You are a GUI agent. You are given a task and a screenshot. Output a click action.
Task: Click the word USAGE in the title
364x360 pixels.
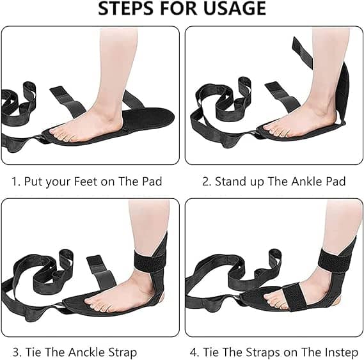click(235, 8)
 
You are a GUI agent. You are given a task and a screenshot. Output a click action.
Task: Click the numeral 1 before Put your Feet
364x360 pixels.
click(15, 181)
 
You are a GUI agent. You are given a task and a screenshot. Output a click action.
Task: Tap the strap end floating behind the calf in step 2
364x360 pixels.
click(303, 52)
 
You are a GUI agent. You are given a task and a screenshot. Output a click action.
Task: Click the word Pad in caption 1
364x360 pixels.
click(152, 181)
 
